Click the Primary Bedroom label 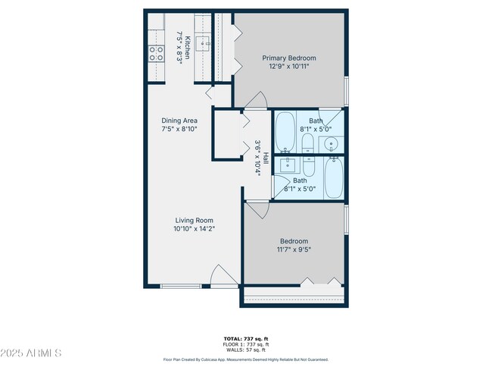289,58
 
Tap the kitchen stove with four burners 156,53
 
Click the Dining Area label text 179,121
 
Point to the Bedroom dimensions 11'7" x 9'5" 293,249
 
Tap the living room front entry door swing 223,276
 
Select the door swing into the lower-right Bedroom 256,212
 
